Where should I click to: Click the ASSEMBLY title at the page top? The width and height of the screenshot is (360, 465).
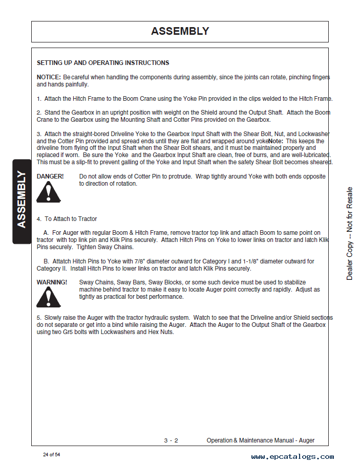[x=180, y=31]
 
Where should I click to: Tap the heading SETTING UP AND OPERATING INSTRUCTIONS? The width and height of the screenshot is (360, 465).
[x=103, y=63]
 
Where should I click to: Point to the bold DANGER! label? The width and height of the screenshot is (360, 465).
[x=50, y=176]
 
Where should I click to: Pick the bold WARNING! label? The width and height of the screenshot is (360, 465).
[x=52, y=282]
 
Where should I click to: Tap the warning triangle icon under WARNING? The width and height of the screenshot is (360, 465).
[x=49, y=297]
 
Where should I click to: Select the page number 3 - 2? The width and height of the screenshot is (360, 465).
[x=171, y=440]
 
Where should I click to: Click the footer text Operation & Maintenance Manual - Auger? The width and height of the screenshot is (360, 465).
[x=261, y=440]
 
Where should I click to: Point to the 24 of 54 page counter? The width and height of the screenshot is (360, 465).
[x=52, y=455]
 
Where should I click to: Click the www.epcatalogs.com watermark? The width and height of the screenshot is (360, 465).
[x=292, y=457]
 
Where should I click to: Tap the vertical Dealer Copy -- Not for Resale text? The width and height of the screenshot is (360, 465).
[x=350, y=233]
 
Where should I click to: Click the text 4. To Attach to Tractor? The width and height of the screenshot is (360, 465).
[x=67, y=219]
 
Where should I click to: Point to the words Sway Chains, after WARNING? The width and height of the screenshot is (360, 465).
[x=97, y=282]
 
